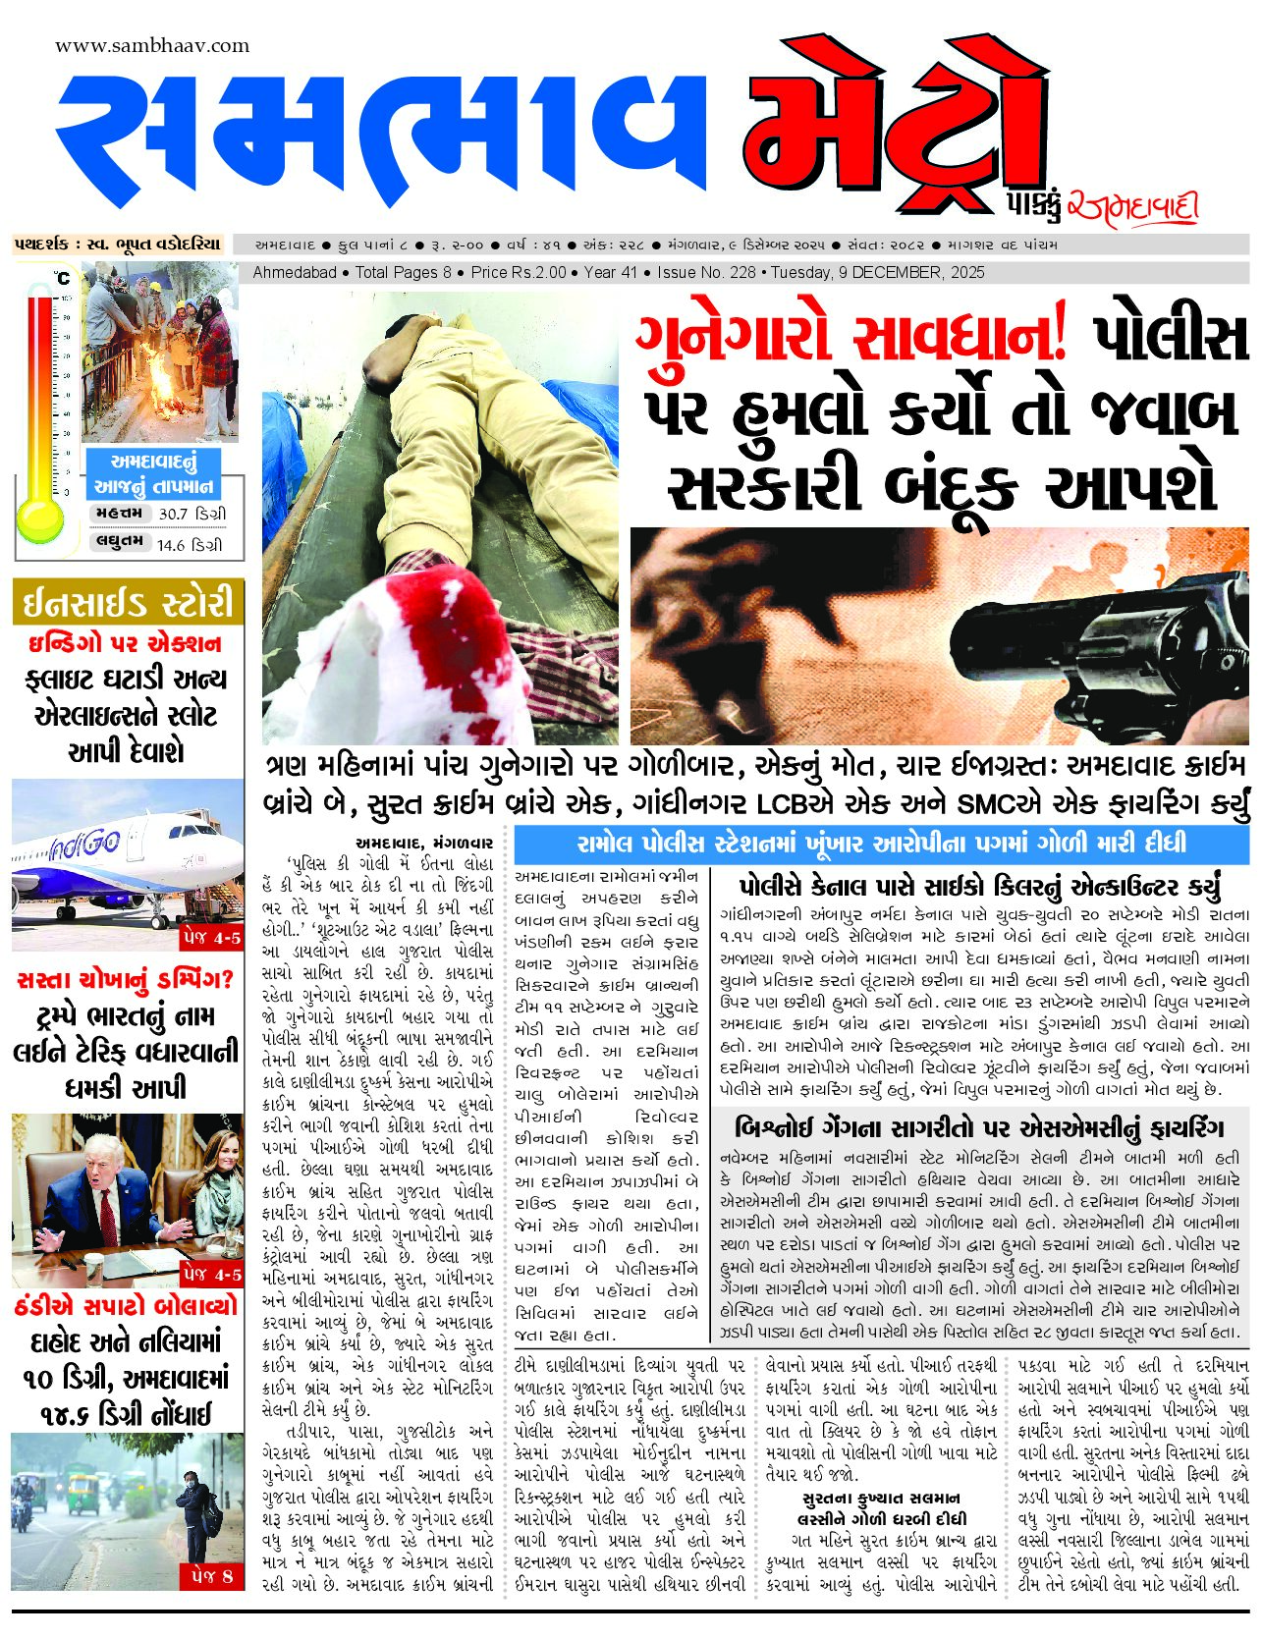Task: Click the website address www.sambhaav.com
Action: click(152, 46)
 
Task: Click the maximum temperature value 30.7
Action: click(173, 514)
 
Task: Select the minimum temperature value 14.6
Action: click(171, 545)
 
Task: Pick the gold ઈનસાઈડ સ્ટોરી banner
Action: click(128, 602)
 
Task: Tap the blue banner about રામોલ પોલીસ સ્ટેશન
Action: click(881, 844)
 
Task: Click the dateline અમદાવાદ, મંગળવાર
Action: click(424, 843)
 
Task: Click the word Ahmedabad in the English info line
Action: click(295, 272)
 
